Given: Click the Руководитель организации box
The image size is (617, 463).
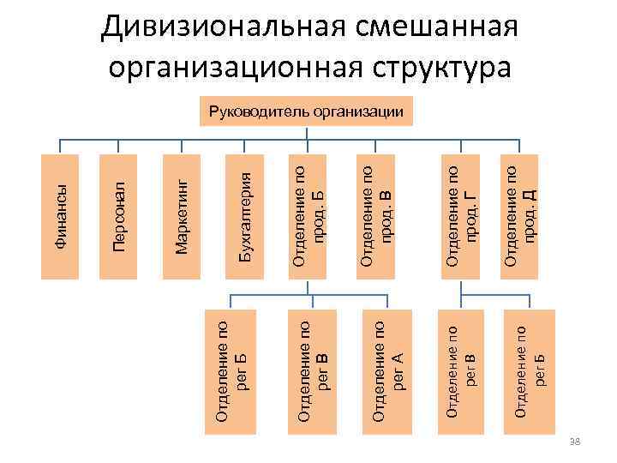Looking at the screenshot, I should click(x=306, y=111).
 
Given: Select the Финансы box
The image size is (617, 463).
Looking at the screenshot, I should click(x=59, y=217).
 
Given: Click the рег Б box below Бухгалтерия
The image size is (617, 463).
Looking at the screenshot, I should click(x=233, y=369).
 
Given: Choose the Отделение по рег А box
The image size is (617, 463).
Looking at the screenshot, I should click(x=389, y=369).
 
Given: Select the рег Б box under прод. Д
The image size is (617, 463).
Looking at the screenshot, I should click(x=532, y=369).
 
